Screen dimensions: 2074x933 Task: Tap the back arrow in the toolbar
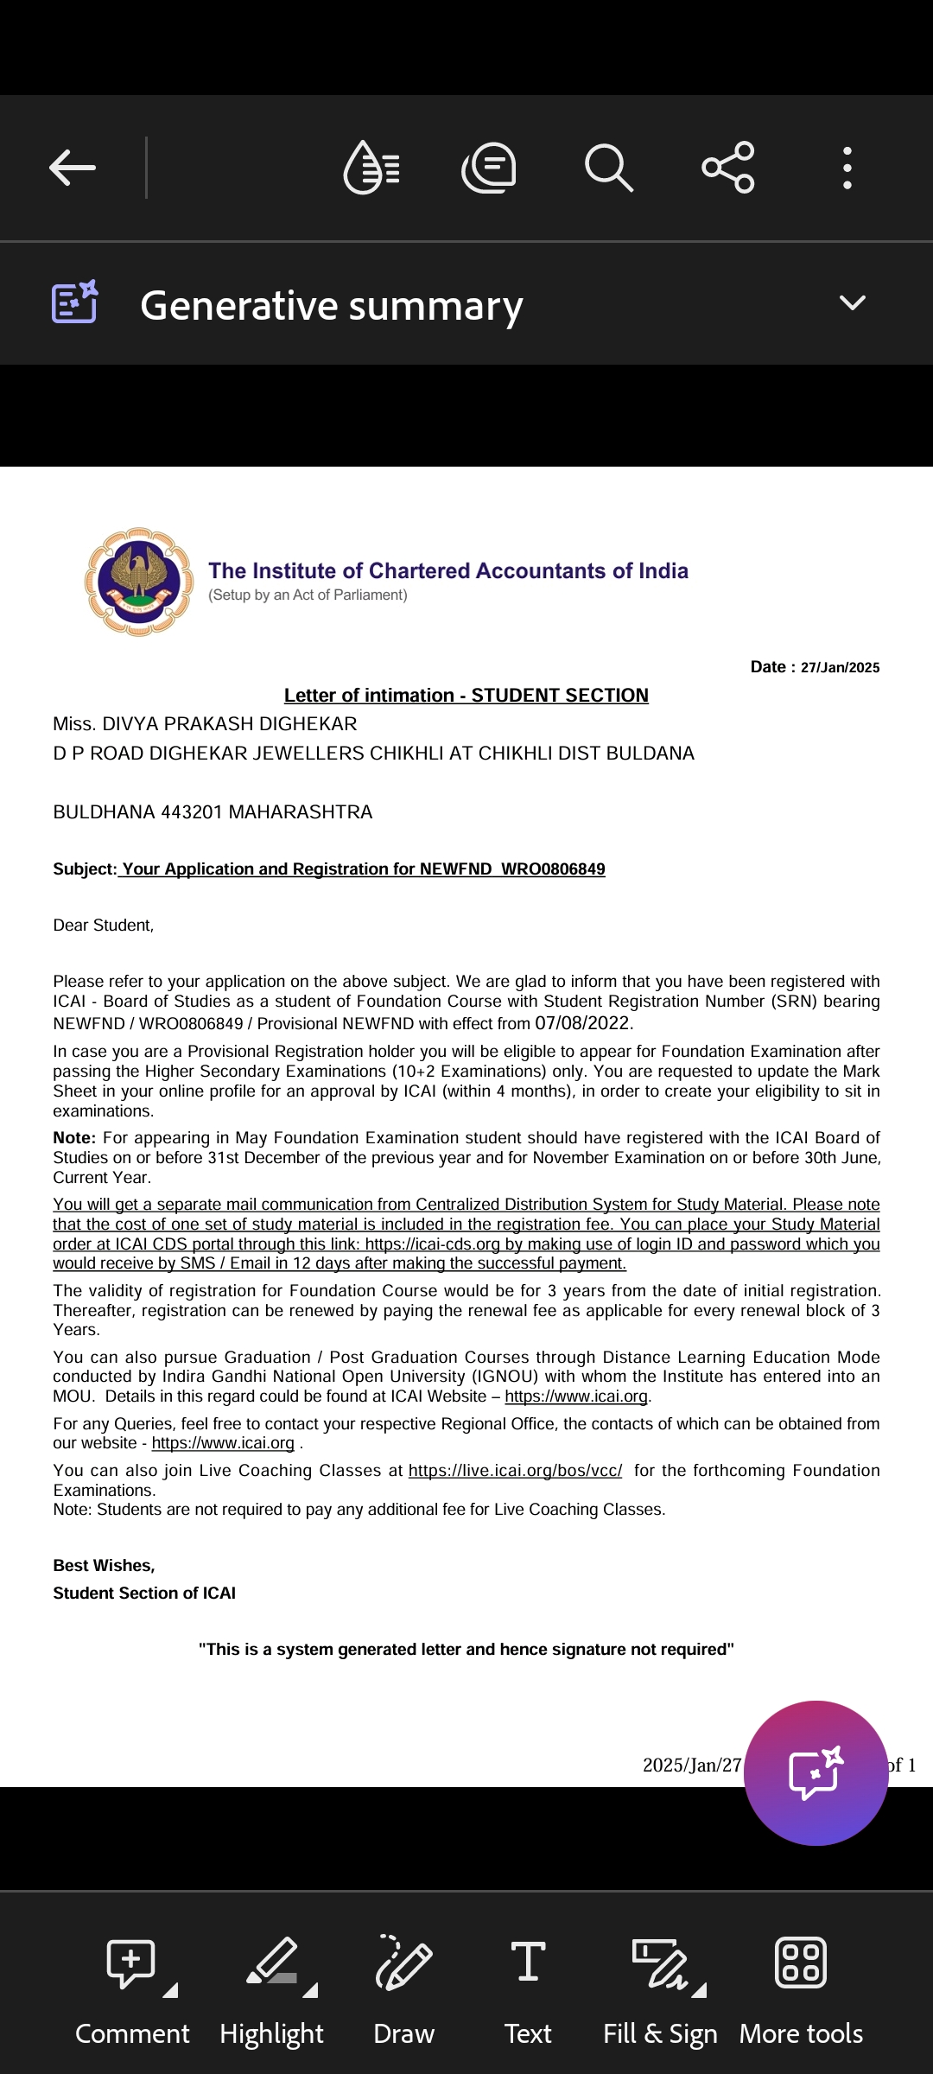pos(73,168)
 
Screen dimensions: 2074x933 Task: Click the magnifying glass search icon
pos(608,168)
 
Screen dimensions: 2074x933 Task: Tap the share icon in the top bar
pos(728,168)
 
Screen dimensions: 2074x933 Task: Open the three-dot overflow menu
pos(847,168)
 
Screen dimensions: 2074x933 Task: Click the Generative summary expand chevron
pos(852,303)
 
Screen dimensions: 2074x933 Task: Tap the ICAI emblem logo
pos(138,582)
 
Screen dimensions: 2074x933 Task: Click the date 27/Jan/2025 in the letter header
pos(840,667)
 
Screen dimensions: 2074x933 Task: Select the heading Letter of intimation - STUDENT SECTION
pos(466,696)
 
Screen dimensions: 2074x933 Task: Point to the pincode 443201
pos(192,812)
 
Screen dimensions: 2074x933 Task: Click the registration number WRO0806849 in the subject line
pos(553,869)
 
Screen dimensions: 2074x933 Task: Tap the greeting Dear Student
pos(104,926)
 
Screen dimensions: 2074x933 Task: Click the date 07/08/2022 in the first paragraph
pos(582,1023)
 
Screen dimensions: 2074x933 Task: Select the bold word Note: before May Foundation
pos(74,1138)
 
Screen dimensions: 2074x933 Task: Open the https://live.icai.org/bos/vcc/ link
pos(515,1471)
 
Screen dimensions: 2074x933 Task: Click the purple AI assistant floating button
pos(816,1772)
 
